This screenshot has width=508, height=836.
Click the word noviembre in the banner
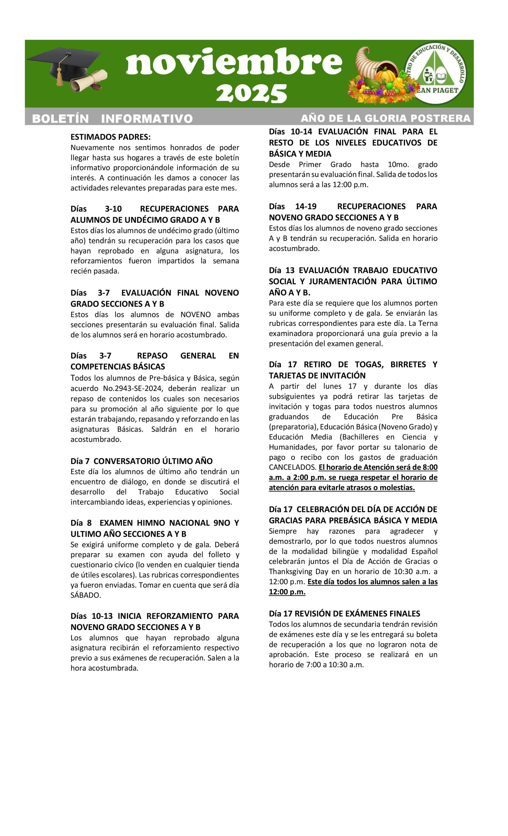[234, 62]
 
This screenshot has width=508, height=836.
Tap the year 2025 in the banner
[252, 93]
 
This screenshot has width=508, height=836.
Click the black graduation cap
[64, 64]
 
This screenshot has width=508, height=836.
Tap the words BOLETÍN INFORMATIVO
[112, 119]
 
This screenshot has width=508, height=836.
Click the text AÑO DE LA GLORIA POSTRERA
[385, 118]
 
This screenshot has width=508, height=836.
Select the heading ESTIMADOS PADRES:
[110, 137]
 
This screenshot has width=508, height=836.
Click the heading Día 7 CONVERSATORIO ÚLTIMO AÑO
[141, 461]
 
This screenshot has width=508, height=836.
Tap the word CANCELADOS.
[292, 467]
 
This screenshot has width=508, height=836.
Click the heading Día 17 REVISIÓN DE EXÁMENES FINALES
[344, 613]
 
